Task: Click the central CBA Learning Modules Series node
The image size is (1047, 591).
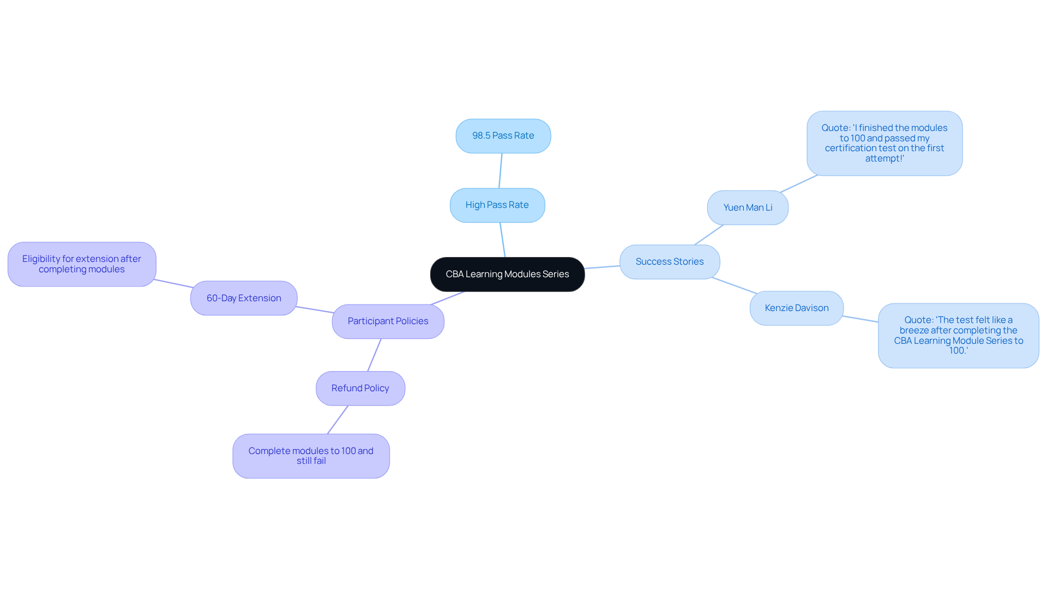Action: pyautogui.click(x=507, y=274)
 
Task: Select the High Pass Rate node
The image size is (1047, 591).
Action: pyautogui.click(x=497, y=205)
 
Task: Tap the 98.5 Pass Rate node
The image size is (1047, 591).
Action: pyautogui.click(x=503, y=136)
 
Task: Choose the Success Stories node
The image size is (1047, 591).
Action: pyautogui.click(x=669, y=262)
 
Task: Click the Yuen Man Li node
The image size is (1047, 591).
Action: pyautogui.click(x=747, y=208)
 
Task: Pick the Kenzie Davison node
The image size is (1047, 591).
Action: pyautogui.click(x=796, y=308)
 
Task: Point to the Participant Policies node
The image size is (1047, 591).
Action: pyautogui.click(x=388, y=321)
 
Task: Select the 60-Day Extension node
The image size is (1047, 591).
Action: pyautogui.click(x=244, y=299)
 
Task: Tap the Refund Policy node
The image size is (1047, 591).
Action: pyautogui.click(x=360, y=389)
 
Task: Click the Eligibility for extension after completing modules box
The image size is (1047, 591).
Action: pyautogui.click(x=82, y=264)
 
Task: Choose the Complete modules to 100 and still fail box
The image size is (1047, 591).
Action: pyautogui.click(x=311, y=456)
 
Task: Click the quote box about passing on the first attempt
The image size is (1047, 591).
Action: pyautogui.click(x=884, y=144)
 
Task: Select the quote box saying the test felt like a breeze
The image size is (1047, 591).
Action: pyautogui.click(x=958, y=336)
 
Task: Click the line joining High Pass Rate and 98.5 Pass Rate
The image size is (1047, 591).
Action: pyautogui.click(x=500, y=171)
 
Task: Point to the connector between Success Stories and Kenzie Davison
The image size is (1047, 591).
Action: pyautogui.click(x=735, y=285)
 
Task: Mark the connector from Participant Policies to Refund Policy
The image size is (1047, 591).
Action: pyautogui.click(x=374, y=355)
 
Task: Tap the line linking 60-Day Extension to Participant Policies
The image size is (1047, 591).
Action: pyautogui.click(x=315, y=309)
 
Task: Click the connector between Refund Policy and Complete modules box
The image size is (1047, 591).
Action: pyautogui.click(x=338, y=420)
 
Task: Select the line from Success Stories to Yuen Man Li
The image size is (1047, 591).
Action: pyautogui.click(x=708, y=235)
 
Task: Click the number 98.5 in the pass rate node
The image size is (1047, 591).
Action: pyautogui.click(x=481, y=136)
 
